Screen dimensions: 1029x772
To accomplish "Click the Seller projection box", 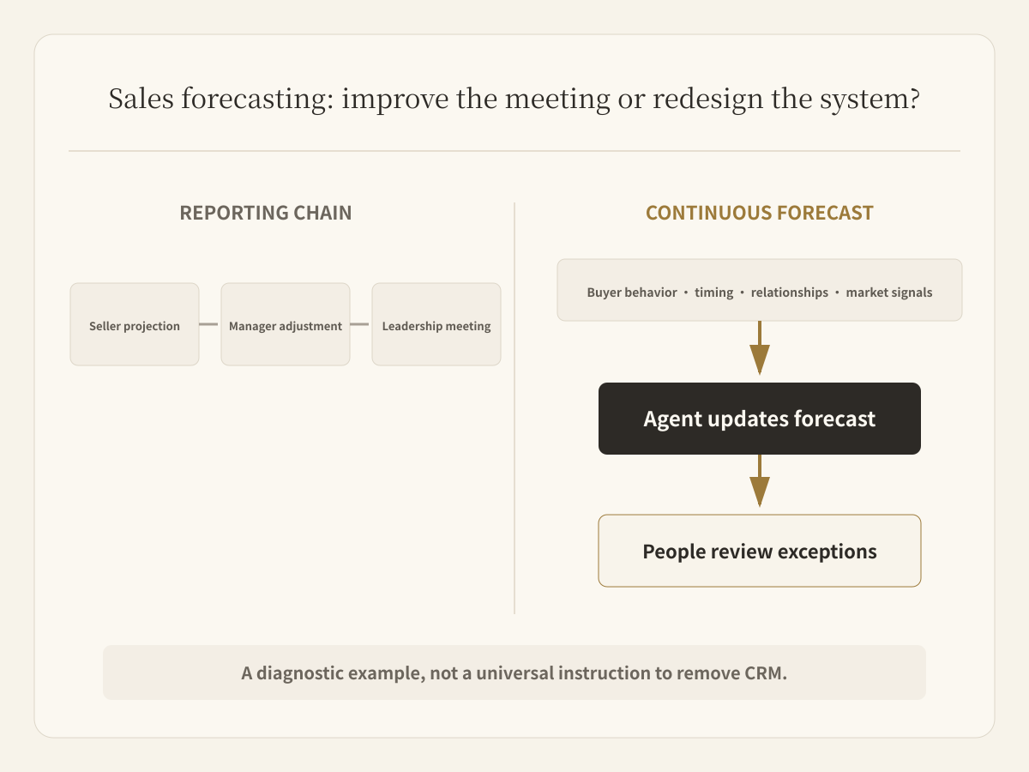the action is pos(135,324).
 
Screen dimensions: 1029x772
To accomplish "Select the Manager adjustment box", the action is pos(286,324).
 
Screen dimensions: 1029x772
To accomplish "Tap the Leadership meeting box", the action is pos(436,324).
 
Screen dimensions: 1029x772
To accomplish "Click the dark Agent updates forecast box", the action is pos(760,418).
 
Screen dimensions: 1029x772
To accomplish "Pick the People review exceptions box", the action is pos(760,551).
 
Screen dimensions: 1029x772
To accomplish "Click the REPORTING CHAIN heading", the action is pos(266,213).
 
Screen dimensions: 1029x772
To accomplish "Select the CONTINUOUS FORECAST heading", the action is pos(760,213).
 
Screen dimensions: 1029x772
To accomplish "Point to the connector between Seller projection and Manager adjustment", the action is pos(208,324).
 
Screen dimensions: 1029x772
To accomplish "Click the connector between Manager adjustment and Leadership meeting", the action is pos(359,324).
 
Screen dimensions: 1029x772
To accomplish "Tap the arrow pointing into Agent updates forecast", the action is pos(760,347).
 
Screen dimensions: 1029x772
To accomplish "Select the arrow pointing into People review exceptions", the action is pos(760,480).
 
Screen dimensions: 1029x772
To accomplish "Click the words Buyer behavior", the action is pos(632,293).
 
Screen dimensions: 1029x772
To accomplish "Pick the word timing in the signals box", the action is pos(714,293).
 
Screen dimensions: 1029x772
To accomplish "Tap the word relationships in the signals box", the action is pos(790,293).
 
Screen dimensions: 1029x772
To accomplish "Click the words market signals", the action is pos(889,293).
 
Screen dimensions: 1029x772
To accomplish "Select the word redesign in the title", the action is pos(708,100).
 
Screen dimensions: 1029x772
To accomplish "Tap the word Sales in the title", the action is pos(141,99).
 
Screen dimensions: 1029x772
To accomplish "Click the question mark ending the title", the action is pos(914,99).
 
